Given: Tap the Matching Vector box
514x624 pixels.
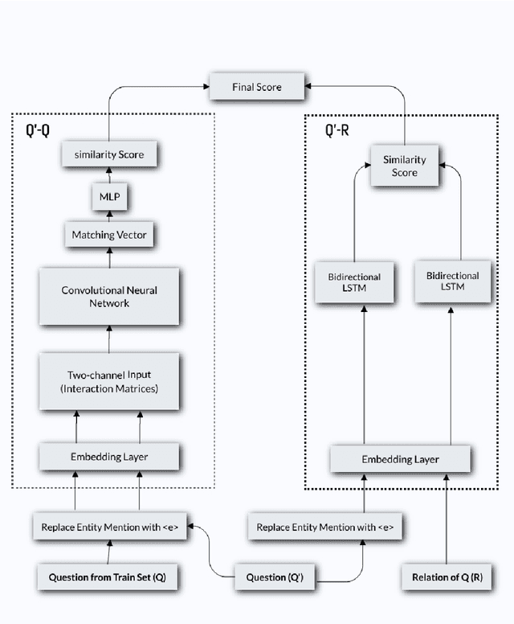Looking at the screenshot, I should click(108, 236).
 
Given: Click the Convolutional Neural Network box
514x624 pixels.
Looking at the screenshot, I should click(108, 297).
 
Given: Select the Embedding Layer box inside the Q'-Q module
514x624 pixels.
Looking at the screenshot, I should click(108, 456).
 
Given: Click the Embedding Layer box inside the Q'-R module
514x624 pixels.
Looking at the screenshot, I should click(399, 459).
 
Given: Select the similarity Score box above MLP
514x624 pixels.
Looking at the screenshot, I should click(108, 153).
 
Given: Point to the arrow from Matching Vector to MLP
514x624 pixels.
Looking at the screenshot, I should click(108, 216).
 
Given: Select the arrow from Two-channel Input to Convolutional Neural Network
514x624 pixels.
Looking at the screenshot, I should click(108, 342).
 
